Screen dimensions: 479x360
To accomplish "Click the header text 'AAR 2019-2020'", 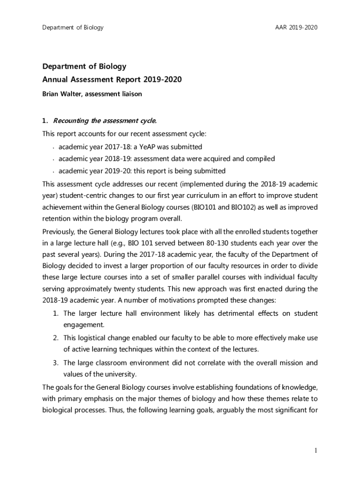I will coord(296,28).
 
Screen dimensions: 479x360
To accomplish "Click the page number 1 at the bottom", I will coord(316,450).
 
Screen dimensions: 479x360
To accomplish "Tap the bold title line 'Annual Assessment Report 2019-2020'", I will coord(112,80).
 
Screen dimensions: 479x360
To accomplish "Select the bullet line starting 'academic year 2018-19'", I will coord(166,159).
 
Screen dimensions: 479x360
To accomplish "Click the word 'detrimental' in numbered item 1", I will coord(215,313).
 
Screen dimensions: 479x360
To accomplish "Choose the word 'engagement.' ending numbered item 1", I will coord(84,325).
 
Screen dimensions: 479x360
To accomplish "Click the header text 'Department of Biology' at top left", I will coord(72,28).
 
